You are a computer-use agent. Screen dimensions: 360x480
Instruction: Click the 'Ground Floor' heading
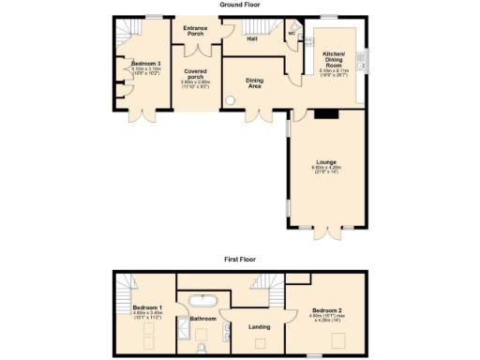click(240, 5)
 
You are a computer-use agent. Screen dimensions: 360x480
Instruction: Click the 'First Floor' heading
click(240, 258)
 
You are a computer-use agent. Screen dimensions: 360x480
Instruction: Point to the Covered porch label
click(195, 71)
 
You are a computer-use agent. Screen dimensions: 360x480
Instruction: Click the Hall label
click(252, 39)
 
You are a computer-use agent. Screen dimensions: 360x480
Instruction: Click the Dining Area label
click(254, 82)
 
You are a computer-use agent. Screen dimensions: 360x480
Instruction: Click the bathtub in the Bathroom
click(202, 301)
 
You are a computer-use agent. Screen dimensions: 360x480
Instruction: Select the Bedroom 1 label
click(147, 307)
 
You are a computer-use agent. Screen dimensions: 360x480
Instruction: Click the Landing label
click(259, 326)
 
